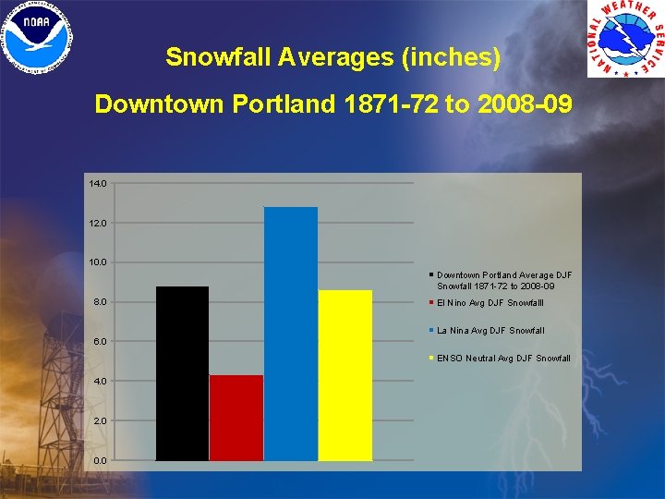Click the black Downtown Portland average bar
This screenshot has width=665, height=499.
click(182, 373)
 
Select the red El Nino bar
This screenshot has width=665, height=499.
click(236, 418)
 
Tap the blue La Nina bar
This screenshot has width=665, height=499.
click(291, 334)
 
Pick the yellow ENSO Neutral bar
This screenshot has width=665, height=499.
click(345, 375)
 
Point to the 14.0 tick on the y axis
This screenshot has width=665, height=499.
click(98, 184)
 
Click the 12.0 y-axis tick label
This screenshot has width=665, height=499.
click(98, 224)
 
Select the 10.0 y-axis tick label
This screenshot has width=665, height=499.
click(98, 262)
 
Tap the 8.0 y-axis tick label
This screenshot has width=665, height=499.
click(100, 302)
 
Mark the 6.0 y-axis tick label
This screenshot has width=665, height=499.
click(100, 342)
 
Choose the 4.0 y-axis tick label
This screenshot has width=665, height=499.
click(100, 381)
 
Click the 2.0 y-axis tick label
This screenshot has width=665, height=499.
click(100, 420)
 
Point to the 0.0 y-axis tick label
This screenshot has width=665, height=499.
click(100, 460)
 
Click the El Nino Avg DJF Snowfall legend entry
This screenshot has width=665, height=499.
click(490, 303)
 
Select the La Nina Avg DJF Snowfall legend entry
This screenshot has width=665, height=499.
click(490, 331)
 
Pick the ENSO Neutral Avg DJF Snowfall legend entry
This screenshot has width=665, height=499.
click(502, 359)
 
